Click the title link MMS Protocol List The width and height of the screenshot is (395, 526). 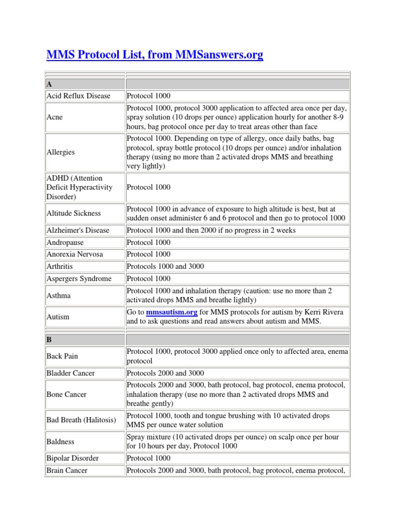click(x=154, y=54)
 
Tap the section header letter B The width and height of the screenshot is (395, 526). click(x=49, y=340)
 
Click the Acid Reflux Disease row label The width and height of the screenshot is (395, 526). click(x=78, y=96)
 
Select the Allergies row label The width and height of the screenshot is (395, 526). click(x=60, y=152)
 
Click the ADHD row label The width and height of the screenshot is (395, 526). click(x=79, y=187)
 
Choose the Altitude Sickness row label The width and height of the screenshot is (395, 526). click(x=74, y=213)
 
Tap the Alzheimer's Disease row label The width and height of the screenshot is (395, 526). click(x=78, y=231)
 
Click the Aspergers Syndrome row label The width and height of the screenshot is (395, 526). click(x=79, y=278)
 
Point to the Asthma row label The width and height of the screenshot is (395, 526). click(x=59, y=296)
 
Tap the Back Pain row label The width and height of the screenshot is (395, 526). click(x=62, y=356)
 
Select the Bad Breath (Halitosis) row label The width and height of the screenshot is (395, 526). click(x=81, y=420)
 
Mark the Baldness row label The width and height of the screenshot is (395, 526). click(x=60, y=441)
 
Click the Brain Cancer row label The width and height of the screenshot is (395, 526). click(x=67, y=471)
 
